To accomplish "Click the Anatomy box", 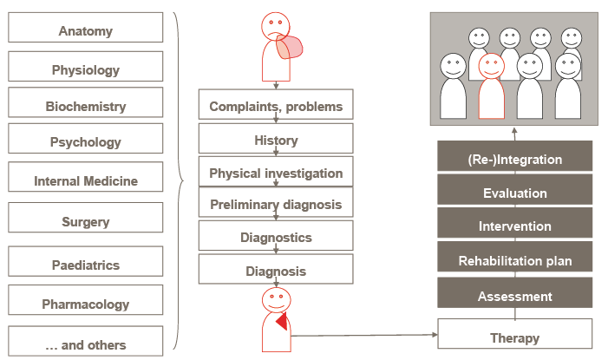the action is pos(86,27).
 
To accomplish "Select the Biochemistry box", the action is pos(86,102).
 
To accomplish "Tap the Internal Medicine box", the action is pos(86,177).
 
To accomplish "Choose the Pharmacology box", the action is pos(86,300).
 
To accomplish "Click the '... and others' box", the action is pos(86,341).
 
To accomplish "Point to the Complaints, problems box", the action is pos(276,104).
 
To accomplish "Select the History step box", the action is pos(276,138).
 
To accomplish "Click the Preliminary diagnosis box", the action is pos(276,202).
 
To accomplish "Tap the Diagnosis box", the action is pos(276,269).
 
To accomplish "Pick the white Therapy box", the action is pos(515,334).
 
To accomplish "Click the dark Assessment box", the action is pos(515,292).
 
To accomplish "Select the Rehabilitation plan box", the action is pos(515,257).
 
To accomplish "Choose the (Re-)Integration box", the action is pos(515,156).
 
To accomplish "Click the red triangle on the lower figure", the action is pos(283,321).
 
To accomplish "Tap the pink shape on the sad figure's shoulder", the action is pos(290,47).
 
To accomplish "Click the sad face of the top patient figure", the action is pos(276,26).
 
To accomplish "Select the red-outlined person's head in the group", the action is pos(491,66).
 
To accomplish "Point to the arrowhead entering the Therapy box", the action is pos(435,334).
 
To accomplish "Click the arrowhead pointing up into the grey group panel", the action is pos(514,131).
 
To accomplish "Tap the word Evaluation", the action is pos(515,193).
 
